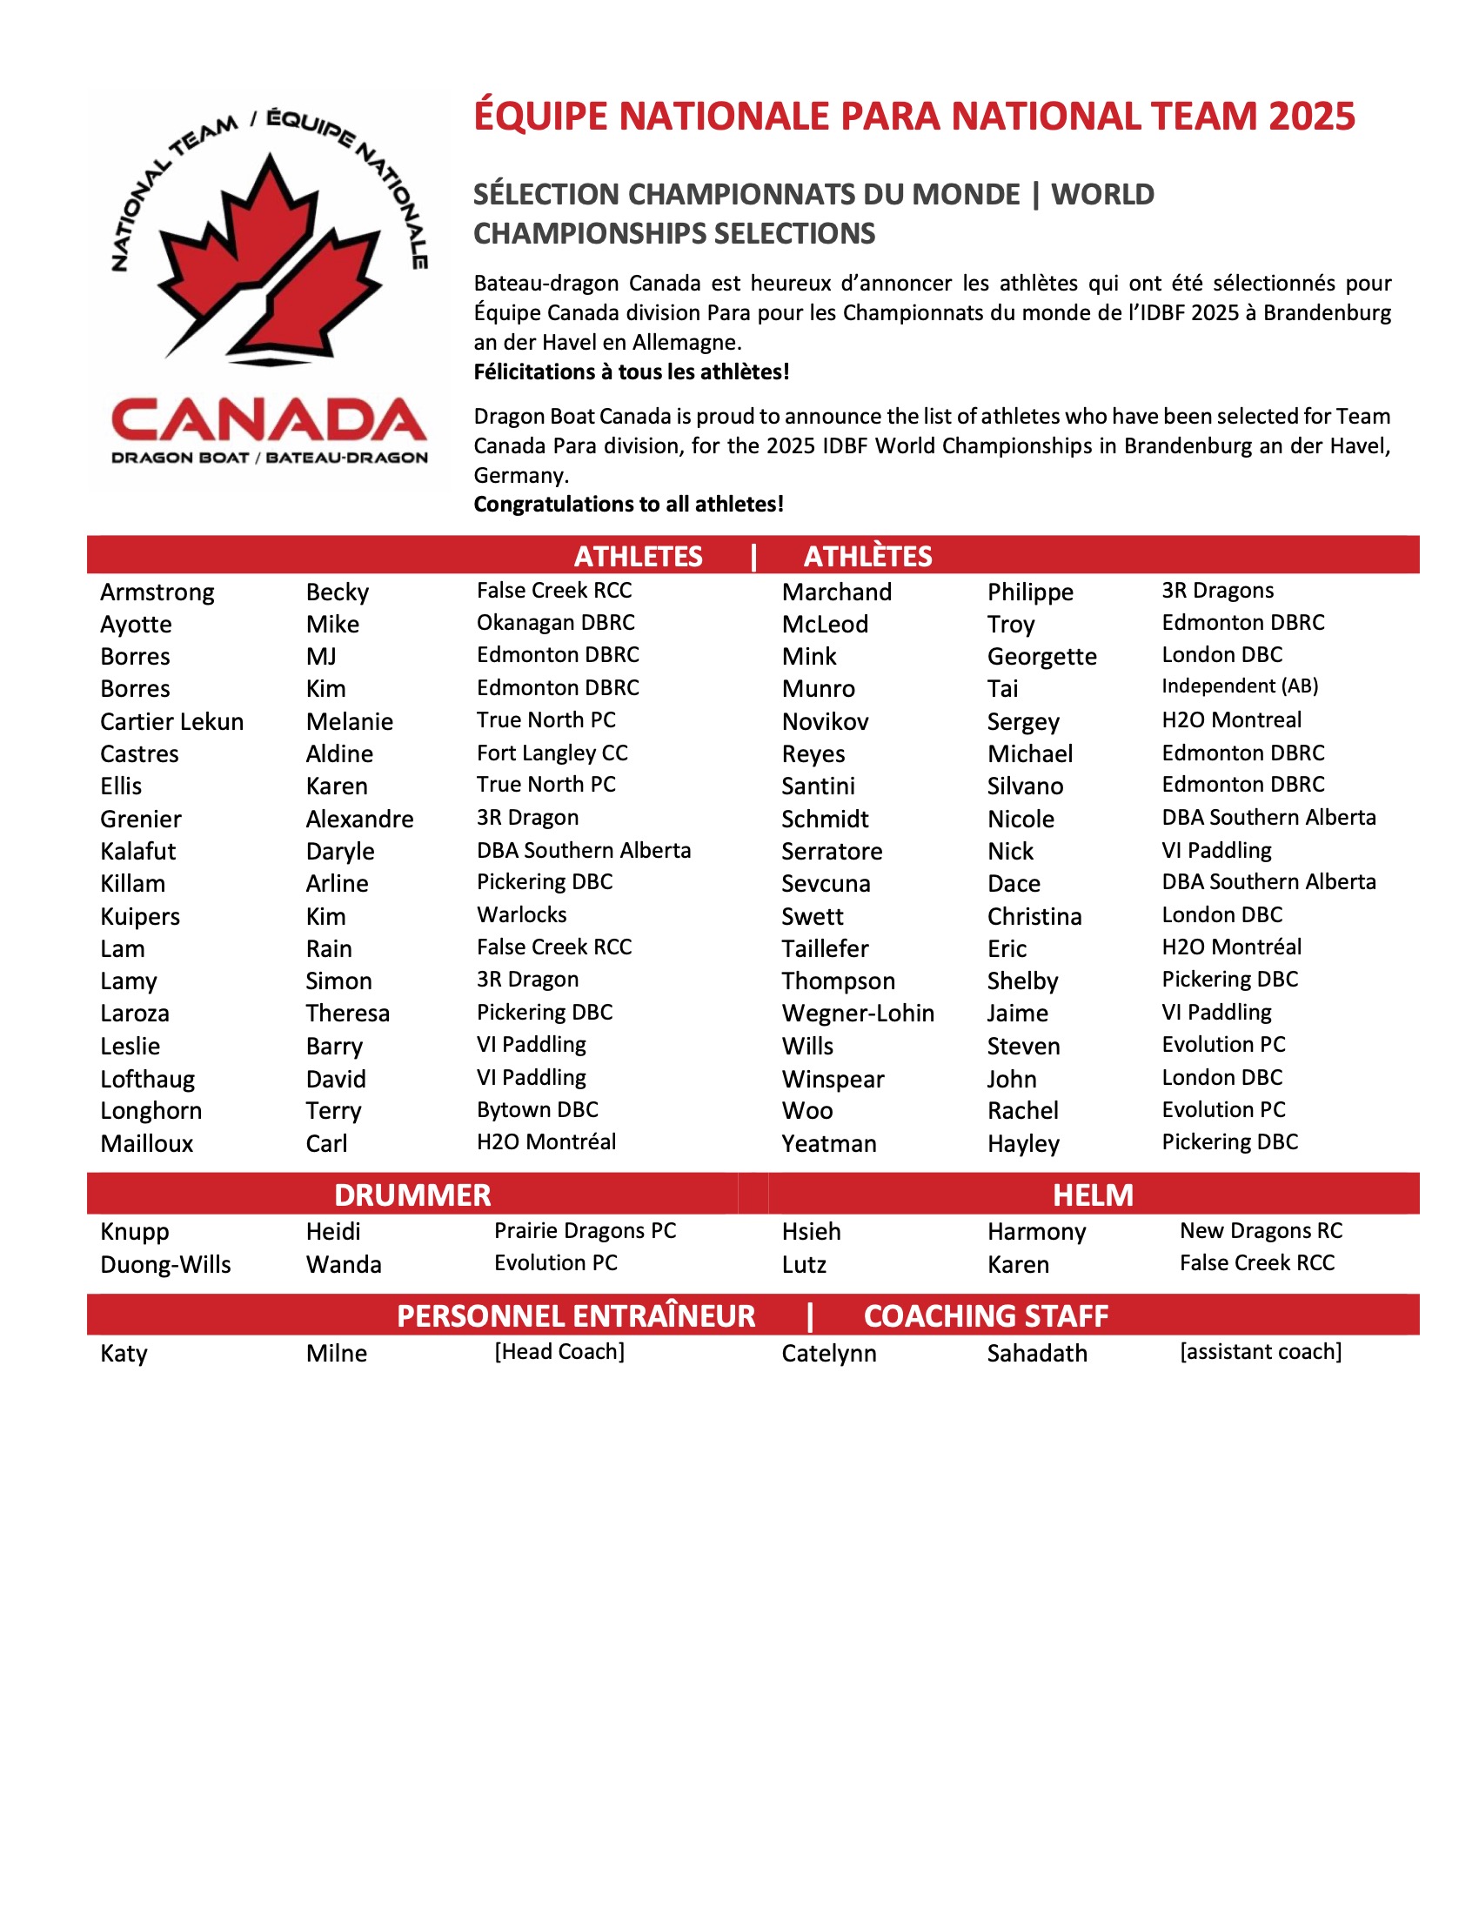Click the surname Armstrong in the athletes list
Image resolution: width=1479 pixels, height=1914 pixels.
(x=157, y=592)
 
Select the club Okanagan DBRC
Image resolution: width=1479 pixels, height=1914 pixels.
(x=556, y=623)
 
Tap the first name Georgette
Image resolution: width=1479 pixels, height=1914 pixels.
(x=1041, y=656)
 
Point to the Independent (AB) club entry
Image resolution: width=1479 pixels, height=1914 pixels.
(x=1239, y=686)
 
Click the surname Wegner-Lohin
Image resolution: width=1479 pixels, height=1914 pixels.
(x=858, y=1013)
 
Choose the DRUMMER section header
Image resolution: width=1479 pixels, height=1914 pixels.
(x=412, y=1195)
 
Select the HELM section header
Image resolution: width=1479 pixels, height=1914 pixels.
(x=1093, y=1195)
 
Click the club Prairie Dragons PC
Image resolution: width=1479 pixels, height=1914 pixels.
(x=585, y=1230)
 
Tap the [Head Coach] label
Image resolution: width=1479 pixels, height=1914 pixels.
(x=559, y=1351)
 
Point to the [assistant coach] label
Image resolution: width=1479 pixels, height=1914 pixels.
(x=1260, y=1351)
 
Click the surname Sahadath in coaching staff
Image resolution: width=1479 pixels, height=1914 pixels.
(x=1036, y=1353)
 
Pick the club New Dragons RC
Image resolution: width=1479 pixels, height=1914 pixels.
(x=1260, y=1230)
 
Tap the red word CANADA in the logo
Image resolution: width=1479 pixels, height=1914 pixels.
(x=269, y=420)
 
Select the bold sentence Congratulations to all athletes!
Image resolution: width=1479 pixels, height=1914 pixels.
(x=628, y=504)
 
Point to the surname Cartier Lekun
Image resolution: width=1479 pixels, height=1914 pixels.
(x=171, y=722)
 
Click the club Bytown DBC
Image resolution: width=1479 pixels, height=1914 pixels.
(x=537, y=1109)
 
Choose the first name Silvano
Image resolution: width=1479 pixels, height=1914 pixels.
(x=1024, y=786)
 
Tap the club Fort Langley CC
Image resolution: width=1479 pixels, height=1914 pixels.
(x=552, y=753)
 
